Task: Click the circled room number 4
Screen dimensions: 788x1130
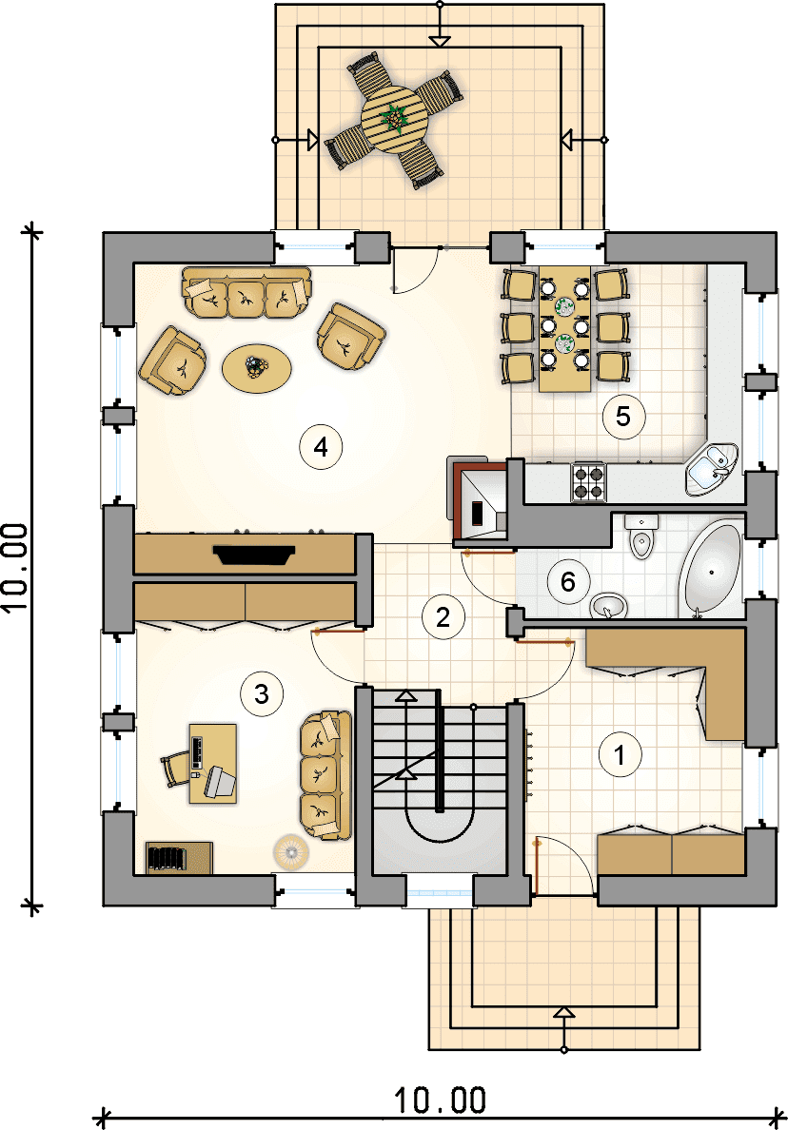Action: [x=321, y=447]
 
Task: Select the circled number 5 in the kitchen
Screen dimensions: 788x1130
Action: [x=623, y=416]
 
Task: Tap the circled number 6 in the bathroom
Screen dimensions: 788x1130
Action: [x=568, y=581]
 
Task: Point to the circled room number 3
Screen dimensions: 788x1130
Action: [x=262, y=694]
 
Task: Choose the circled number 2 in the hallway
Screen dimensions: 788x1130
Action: [x=443, y=617]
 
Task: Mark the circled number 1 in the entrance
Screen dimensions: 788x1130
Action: [x=620, y=754]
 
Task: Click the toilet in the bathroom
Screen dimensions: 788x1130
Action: [x=640, y=536]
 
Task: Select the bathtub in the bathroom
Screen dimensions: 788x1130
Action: [x=711, y=570]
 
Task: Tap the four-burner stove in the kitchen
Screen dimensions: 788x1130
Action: [x=588, y=483]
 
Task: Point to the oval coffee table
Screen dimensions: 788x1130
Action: [x=257, y=368]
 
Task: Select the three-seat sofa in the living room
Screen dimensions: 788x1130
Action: [x=246, y=293]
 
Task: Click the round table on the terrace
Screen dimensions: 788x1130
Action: [x=393, y=119]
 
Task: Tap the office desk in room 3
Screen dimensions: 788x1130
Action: [x=213, y=763]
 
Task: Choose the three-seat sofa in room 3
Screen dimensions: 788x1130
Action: [x=325, y=775]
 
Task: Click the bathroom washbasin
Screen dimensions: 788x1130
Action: [x=609, y=606]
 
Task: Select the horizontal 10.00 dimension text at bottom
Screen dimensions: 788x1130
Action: [x=440, y=1100]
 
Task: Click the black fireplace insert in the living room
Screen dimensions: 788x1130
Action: [x=254, y=555]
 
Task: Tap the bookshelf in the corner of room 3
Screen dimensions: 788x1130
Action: [x=179, y=858]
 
